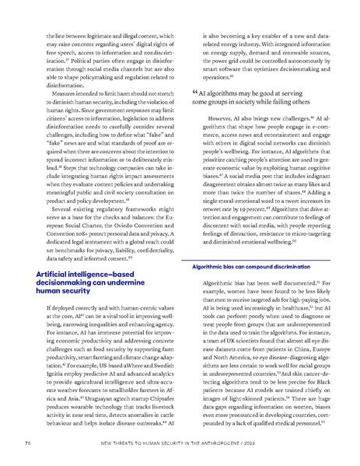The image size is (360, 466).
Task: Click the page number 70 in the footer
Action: [x=28, y=443]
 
